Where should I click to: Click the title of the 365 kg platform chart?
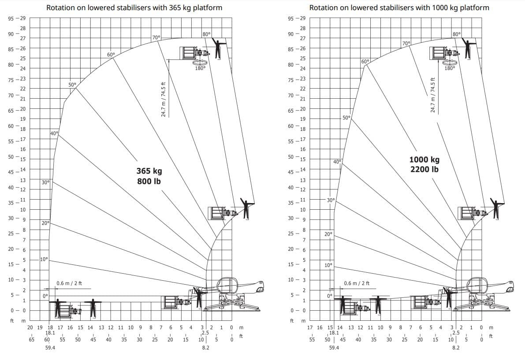pyautogui.click(x=134, y=7)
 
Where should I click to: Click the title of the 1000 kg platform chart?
pyautogui.click(x=399, y=7)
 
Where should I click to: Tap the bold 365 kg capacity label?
pyautogui.click(x=149, y=171)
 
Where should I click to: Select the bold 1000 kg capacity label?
pyautogui.click(x=424, y=160)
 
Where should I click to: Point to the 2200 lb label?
pyautogui.click(x=424, y=169)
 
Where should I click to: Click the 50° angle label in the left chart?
pyautogui.click(x=72, y=84)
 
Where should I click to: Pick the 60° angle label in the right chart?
pyautogui.click(x=365, y=61)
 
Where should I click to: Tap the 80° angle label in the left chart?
pyautogui.click(x=207, y=34)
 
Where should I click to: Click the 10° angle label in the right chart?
pyautogui.click(x=328, y=265)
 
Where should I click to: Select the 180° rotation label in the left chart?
pyautogui.click(x=200, y=68)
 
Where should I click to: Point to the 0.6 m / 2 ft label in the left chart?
pyautogui.click(x=69, y=283)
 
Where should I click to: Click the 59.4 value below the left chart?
pyautogui.click(x=50, y=348)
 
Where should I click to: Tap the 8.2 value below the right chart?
pyautogui.click(x=456, y=348)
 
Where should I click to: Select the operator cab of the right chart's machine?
pyautogui.click(x=477, y=285)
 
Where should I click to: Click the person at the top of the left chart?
pyautogui.click(x=217, y=48)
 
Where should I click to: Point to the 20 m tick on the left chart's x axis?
pyautogui.click(x=30, y=327)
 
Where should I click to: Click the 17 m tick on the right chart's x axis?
pyautogui.click(x=309, y=327)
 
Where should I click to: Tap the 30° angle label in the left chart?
pyautogui.click(x=45, y=182)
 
